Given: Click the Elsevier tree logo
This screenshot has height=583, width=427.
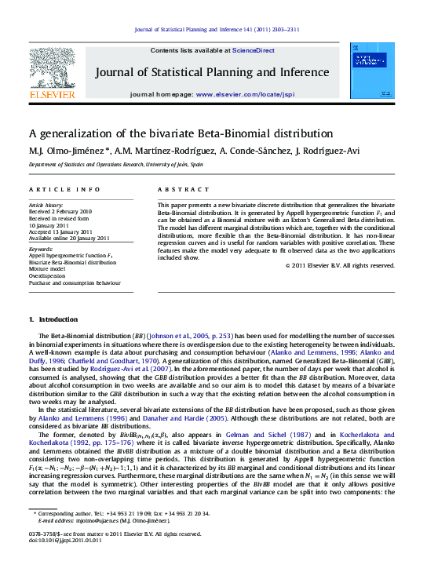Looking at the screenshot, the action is point(53,71).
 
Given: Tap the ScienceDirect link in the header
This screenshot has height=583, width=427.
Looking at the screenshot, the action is point(254,49).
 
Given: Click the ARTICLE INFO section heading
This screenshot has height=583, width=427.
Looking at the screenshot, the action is point(64,190).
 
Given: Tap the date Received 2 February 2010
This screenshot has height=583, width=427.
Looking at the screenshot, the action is point(60,212).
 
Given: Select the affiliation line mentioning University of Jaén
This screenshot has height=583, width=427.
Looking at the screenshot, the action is point(116,165).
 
